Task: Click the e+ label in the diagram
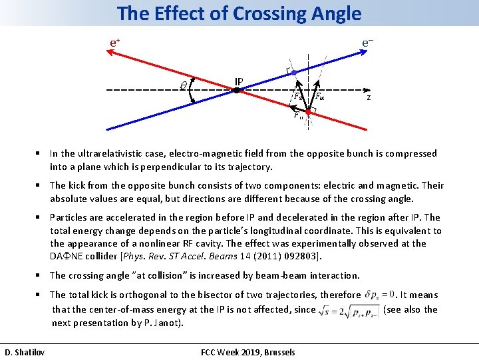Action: (x=114, y=42)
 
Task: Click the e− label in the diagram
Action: (x=367, y=42)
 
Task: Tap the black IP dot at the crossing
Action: (x=236, y=89)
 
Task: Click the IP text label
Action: (x=238, y=81)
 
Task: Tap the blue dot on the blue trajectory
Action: (x=303, y=72)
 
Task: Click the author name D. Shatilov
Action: (x=25, y=351)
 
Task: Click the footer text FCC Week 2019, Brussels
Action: (x=247, y=351)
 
